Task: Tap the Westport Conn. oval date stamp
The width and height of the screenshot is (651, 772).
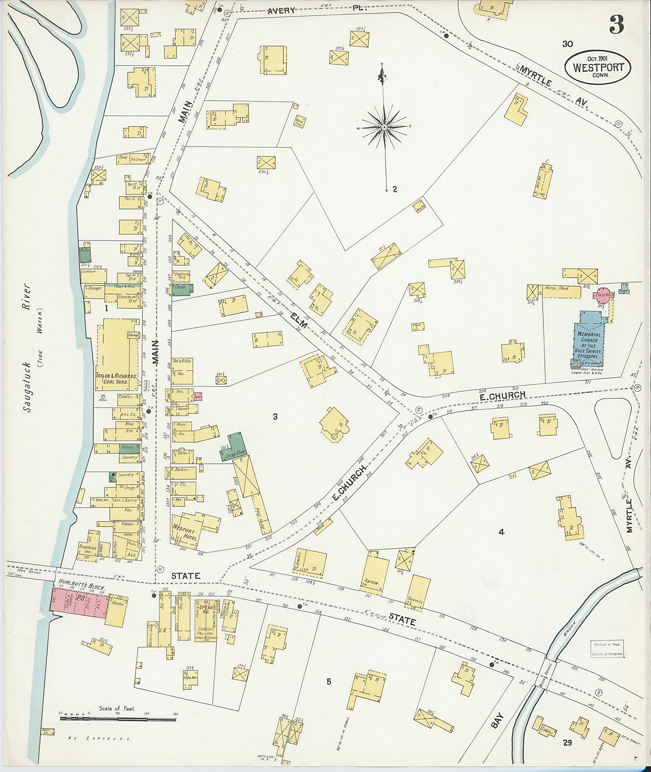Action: (598, 67)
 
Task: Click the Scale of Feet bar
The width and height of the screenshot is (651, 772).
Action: (119, 719)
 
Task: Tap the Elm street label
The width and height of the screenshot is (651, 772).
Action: (298, 319)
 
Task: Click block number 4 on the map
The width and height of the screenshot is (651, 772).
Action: (501, 532)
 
